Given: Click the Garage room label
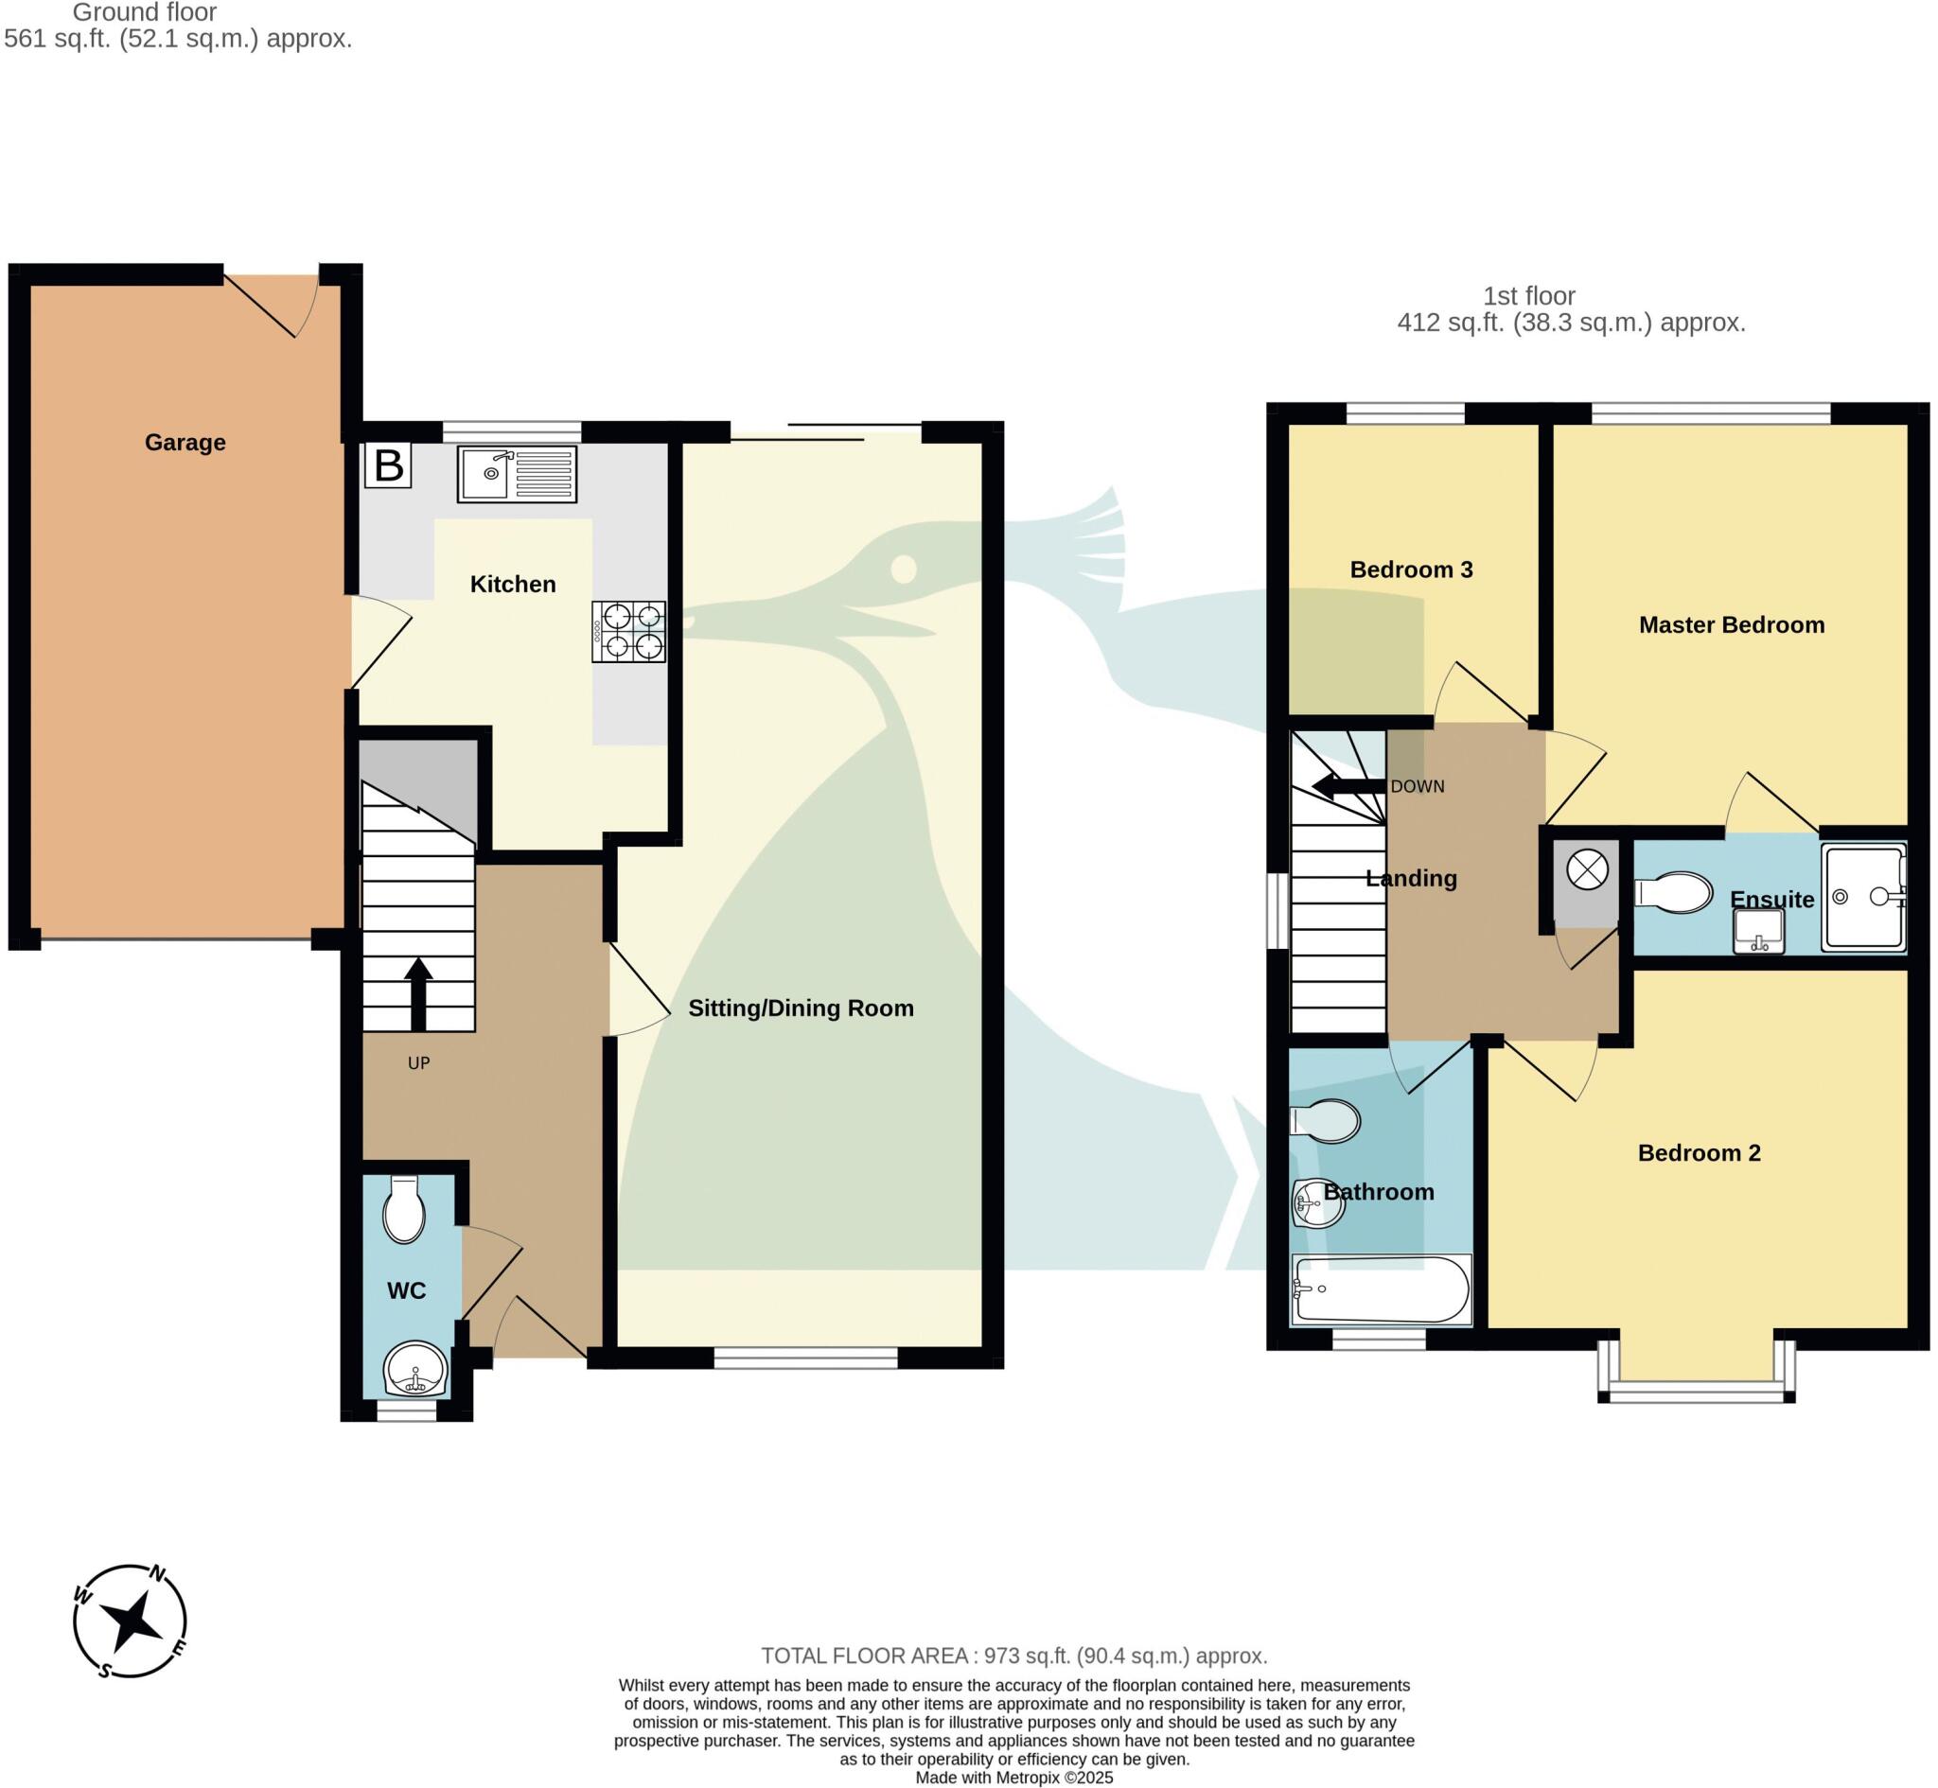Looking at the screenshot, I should coord(185,442).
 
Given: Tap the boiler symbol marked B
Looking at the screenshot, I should coord(388,465).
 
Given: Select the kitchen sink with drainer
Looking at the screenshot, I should coord(517,474).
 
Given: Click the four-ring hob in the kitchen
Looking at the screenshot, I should coord(629,632).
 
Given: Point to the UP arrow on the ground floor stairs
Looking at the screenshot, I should coord(418,993).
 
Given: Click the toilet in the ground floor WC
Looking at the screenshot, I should coord(403,1210).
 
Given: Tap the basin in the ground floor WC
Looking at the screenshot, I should coord(416,1370).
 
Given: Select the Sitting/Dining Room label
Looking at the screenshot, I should coord(801,1008).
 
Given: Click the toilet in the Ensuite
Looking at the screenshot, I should coord(1675,892).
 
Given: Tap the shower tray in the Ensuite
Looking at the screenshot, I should coord(1862,896).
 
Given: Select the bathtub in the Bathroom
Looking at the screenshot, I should coord(1381,1289).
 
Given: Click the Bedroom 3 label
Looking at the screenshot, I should coord(1411,570).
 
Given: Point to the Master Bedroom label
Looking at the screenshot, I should coord(1731,625).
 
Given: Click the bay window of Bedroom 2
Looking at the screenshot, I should coord(1696,1393).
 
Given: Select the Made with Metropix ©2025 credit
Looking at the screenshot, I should coord(1013,1778).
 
